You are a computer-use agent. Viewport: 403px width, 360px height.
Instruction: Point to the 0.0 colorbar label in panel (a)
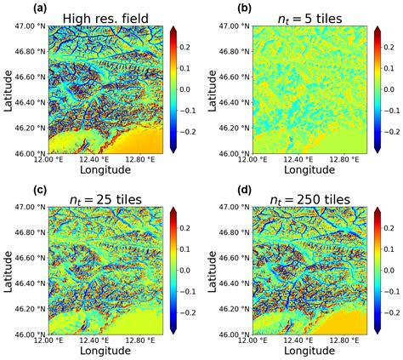click(x=190, y=89)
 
